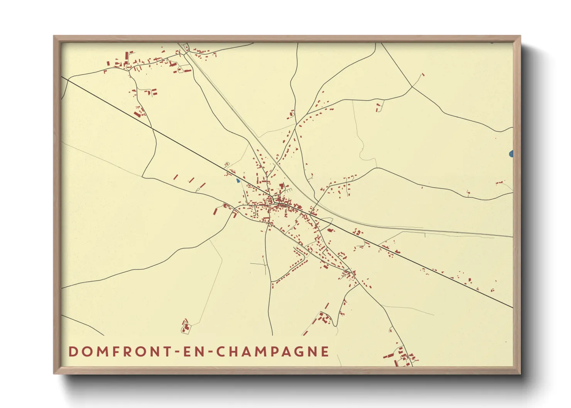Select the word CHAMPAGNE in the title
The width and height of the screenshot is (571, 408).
[x=272, y=352]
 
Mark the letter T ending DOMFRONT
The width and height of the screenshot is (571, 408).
[x=167, y=352]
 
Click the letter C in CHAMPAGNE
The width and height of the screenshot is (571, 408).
[x=221, y=352]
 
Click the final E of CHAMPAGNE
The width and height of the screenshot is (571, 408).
[x=325, y=352]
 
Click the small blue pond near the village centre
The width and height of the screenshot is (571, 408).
[x=238, y=180]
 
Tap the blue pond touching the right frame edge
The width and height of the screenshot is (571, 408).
[x=511, y=154]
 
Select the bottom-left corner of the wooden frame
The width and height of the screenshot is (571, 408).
[x=54, y=373]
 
